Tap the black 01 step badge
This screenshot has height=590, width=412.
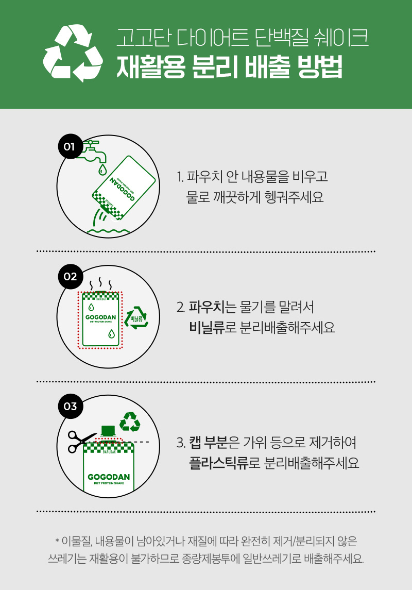click(70, 146)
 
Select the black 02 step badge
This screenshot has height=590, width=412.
click(70, 277)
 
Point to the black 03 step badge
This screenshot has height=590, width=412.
click(70, 407)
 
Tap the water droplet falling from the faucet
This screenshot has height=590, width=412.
click(102, 170)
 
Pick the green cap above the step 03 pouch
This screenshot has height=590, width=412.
click(108, 431)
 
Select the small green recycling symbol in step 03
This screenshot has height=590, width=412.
click(130, 422)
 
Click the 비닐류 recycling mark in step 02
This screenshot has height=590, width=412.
click(136, 318)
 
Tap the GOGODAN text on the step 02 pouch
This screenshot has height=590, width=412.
click(101, 317)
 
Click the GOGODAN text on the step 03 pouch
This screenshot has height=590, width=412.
click(109, 477)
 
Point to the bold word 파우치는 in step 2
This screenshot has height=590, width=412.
click(212, 307)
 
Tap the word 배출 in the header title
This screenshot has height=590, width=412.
click(267, 67)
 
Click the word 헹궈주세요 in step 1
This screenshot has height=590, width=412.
click(294, 197)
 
